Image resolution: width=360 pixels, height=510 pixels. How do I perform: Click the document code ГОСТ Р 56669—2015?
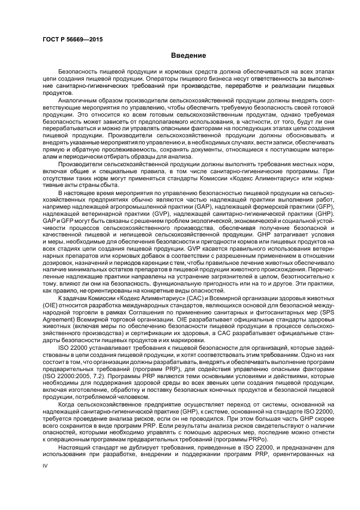pos(72,40)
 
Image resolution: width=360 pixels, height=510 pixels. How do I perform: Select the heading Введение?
pos(188,56)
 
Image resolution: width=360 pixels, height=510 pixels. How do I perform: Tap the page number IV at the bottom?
pos(45,482)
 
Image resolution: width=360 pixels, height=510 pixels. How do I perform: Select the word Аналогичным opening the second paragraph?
pos(83,101)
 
